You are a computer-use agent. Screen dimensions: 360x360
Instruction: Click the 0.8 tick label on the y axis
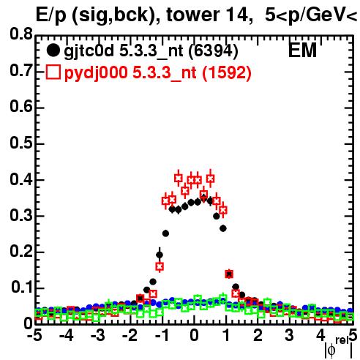pos(21,34)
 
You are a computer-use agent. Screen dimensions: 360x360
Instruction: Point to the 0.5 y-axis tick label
pos(21,143)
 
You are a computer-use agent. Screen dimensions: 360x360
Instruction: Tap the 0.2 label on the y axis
pos(21,251)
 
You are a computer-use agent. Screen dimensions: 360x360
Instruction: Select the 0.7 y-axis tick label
pos(21,70)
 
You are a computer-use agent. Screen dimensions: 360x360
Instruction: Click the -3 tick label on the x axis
pos(98,335)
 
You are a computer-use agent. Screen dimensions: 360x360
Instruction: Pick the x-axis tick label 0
pos(194,335)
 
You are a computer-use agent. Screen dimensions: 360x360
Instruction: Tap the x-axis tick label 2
pos(258,335)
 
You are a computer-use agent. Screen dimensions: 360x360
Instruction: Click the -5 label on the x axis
pos(34,335)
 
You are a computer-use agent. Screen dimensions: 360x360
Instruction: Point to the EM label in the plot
pos(302,50)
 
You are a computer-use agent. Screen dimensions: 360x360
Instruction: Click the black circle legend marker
pos(53,50)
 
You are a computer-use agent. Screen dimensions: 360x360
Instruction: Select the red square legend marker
pos(53,72)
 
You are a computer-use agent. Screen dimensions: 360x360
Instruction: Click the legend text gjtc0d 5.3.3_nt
pos(124,51)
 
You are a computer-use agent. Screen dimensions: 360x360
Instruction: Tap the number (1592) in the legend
pos(227,72)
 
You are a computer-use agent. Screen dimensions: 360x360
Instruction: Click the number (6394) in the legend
pos(214,51)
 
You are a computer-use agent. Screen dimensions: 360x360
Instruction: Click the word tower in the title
pos(192,15)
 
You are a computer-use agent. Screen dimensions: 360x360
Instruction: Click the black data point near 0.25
pos(165,233)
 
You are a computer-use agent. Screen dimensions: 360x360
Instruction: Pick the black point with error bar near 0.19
pos(160,255)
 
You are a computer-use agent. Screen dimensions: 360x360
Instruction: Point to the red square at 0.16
pos(160,266)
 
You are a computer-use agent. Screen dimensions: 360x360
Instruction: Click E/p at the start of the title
pos(50,15)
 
